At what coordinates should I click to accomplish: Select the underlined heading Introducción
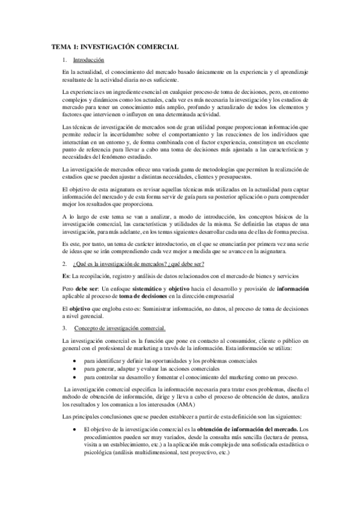tap(88, 60)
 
